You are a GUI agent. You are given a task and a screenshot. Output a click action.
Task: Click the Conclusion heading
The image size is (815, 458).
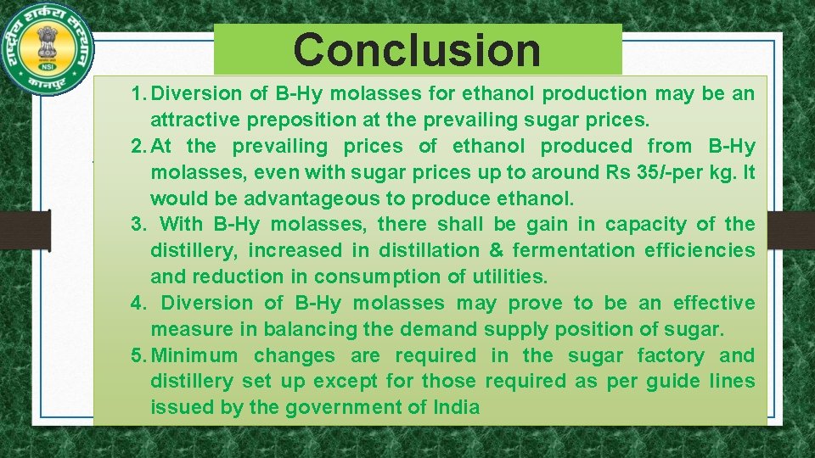417,49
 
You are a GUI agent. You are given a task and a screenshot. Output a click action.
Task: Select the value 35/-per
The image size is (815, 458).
651,172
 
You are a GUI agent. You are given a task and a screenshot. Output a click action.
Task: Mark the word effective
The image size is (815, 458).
713,303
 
